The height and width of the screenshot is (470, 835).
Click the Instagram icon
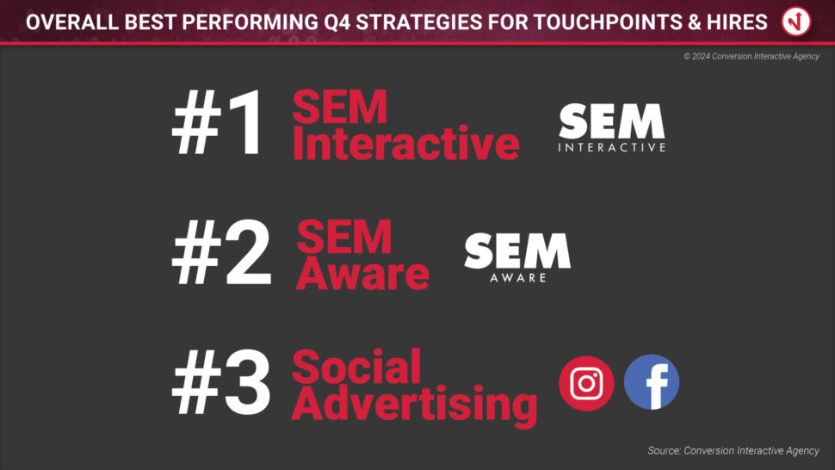[x=586, y=383]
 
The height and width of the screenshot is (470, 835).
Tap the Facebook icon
[x=652, y=382]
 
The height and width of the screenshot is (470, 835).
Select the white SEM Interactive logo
[x=612, y=127]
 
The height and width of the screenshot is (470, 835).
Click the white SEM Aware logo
[x=517, y=257]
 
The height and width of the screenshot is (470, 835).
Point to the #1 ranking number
[x=217, y=122]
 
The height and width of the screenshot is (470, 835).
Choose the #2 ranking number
[x=221, y=252]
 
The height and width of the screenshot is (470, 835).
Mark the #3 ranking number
[x=221, y=382]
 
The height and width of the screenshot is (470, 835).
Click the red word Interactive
[x=405, y=143]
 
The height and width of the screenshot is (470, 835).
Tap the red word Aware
[x=362, y=273]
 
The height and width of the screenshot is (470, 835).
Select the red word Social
[x=356, y=366]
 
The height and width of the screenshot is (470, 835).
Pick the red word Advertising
[x=414, y=405]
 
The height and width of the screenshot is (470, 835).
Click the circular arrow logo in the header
[x=796, y=22]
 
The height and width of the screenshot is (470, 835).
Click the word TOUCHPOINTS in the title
[x=608, y=22]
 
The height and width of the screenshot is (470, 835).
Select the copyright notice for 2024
[x=751, y=57]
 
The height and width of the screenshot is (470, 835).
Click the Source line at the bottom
[x=733, y=451]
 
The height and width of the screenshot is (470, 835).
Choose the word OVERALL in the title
[x=73, y=22]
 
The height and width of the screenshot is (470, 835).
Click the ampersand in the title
[x=695, y=22]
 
